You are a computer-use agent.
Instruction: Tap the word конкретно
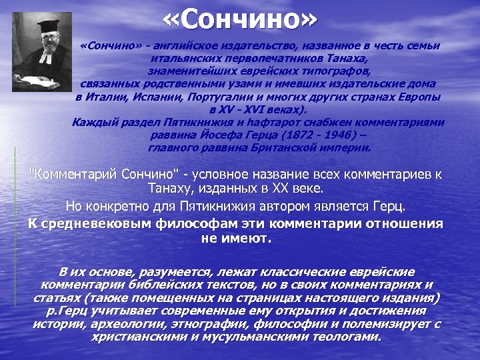click(117, 206)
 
